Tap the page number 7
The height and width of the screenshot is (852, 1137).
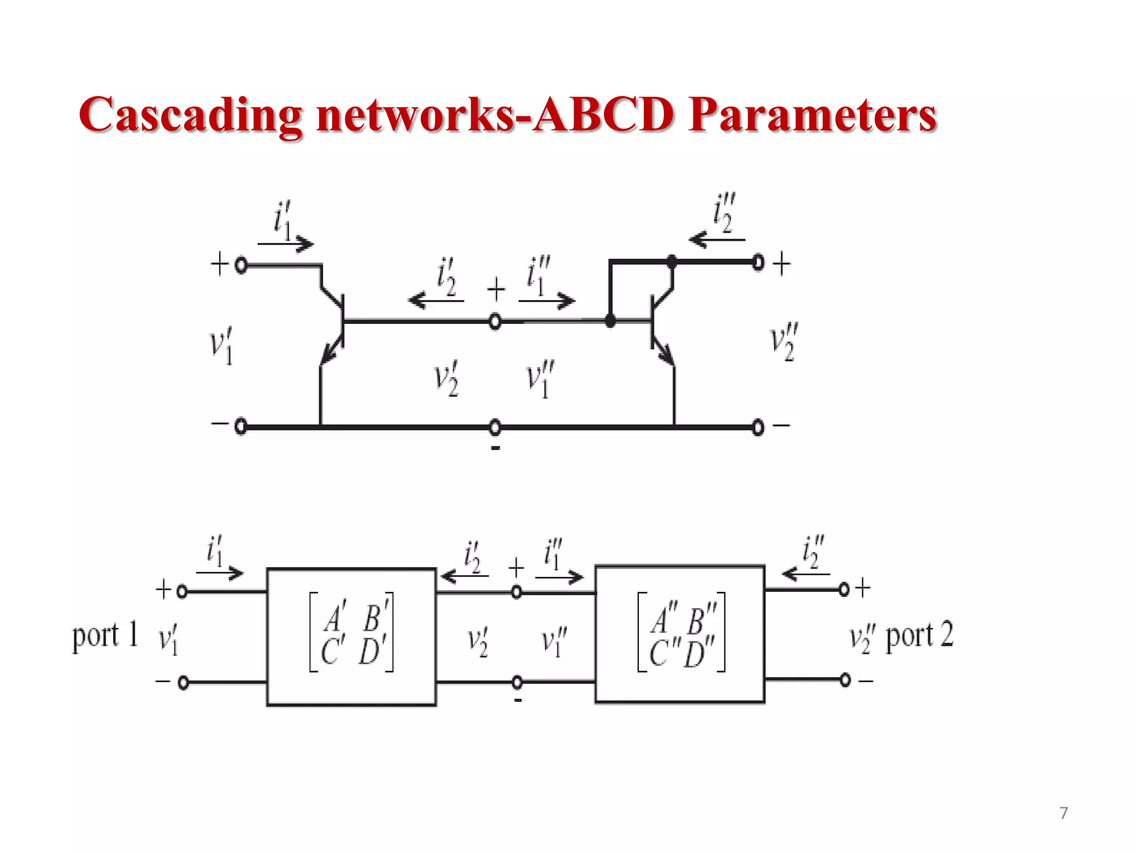point(1063,813)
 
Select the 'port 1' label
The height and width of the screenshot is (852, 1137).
point(105,635)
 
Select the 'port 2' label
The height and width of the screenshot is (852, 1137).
point(919,635)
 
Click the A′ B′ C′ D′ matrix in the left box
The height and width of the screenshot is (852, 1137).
point(351,633)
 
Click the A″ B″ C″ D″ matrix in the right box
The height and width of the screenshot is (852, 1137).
point(681,633)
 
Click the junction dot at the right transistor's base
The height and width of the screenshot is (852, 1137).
point(610,321)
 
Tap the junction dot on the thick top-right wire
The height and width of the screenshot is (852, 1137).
point(672,261)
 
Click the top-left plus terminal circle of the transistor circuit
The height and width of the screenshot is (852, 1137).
point(241,265)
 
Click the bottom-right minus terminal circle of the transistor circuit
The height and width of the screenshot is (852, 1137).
point(758,427)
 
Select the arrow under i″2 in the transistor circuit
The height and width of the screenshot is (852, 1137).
point(716,240)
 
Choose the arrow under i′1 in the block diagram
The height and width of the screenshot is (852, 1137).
point(220,573)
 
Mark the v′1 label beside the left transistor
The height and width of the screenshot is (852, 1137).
point(222,346)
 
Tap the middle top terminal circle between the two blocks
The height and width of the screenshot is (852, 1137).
point(516,592)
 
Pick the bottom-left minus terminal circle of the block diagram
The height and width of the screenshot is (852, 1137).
point(183,682)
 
